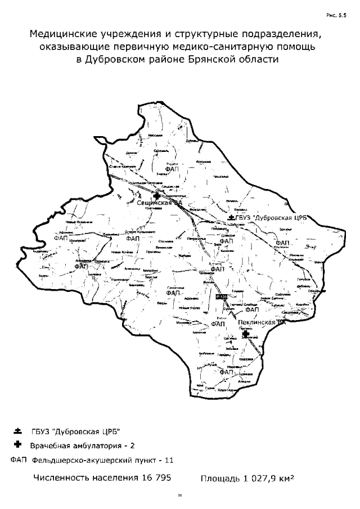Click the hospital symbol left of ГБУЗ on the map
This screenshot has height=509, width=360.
point(232,217)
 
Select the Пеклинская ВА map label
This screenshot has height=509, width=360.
point(262,323)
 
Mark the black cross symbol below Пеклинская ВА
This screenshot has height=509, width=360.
point(245,334)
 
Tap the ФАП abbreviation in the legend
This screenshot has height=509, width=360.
point(19,460)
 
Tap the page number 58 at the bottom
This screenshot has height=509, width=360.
point(180,496)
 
